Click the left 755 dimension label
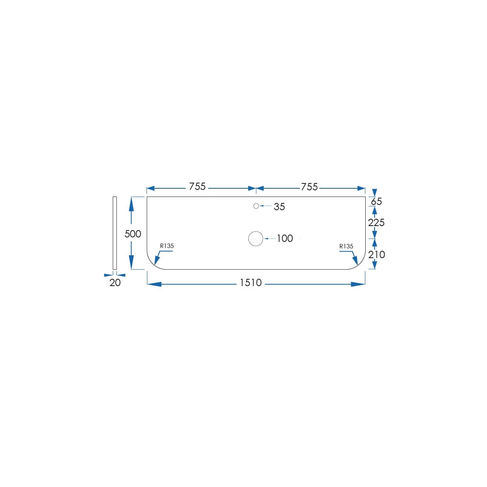[x=197, y=187]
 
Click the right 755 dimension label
[x=309, y=187]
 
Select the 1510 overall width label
[x=250, y=282]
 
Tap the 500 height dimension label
[x=133, y=234]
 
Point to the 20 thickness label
[x=115, y=283]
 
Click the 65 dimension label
[x=376, y=201]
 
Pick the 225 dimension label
[x=376, y=223]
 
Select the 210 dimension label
[x=377, y=254]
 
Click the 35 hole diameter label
[x=279, y=207]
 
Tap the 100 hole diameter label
[x=285, y=238]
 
